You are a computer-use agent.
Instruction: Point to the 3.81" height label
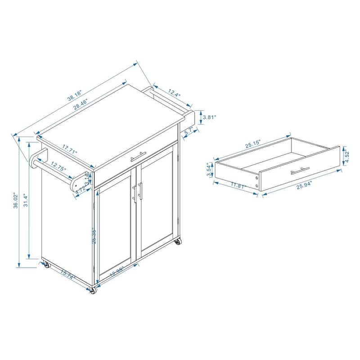click(x=210, y=117)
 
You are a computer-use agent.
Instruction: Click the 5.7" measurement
click(x=188, y=131)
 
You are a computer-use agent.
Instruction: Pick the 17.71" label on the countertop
click(x=70, y=149)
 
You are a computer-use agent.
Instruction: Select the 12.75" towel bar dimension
click(x=58, y=167)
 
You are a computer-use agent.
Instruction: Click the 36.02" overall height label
click(x=16, y=201)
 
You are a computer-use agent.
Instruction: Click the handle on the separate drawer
click(x=300, y=171)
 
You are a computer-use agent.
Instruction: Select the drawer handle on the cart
click(x=139, y=156)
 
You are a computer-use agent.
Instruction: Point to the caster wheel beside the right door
click(x=178, y=242)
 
